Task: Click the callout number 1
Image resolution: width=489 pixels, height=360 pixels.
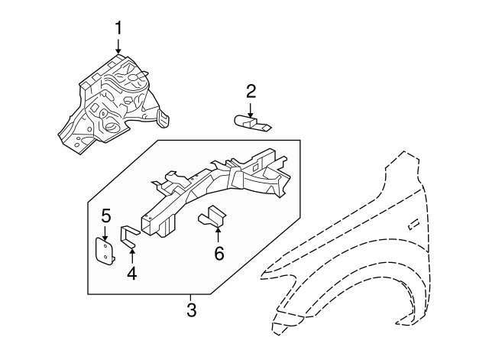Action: [118, 28]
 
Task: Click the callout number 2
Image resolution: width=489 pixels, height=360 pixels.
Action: [251, 92]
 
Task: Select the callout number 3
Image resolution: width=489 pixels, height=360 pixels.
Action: [191, 310]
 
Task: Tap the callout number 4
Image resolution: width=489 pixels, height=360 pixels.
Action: [131, 272]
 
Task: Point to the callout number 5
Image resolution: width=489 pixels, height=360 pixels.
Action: [106, 217]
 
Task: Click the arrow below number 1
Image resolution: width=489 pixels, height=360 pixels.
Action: [118, 47]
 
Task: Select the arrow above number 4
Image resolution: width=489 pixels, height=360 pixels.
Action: [131, 253]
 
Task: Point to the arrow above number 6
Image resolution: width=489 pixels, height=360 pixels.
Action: [219, 235]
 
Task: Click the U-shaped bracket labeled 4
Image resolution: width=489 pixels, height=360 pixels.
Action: [129, 236]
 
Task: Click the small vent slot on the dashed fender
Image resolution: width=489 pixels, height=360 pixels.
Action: [413, 222]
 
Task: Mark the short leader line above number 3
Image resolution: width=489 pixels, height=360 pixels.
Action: [191, 298]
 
